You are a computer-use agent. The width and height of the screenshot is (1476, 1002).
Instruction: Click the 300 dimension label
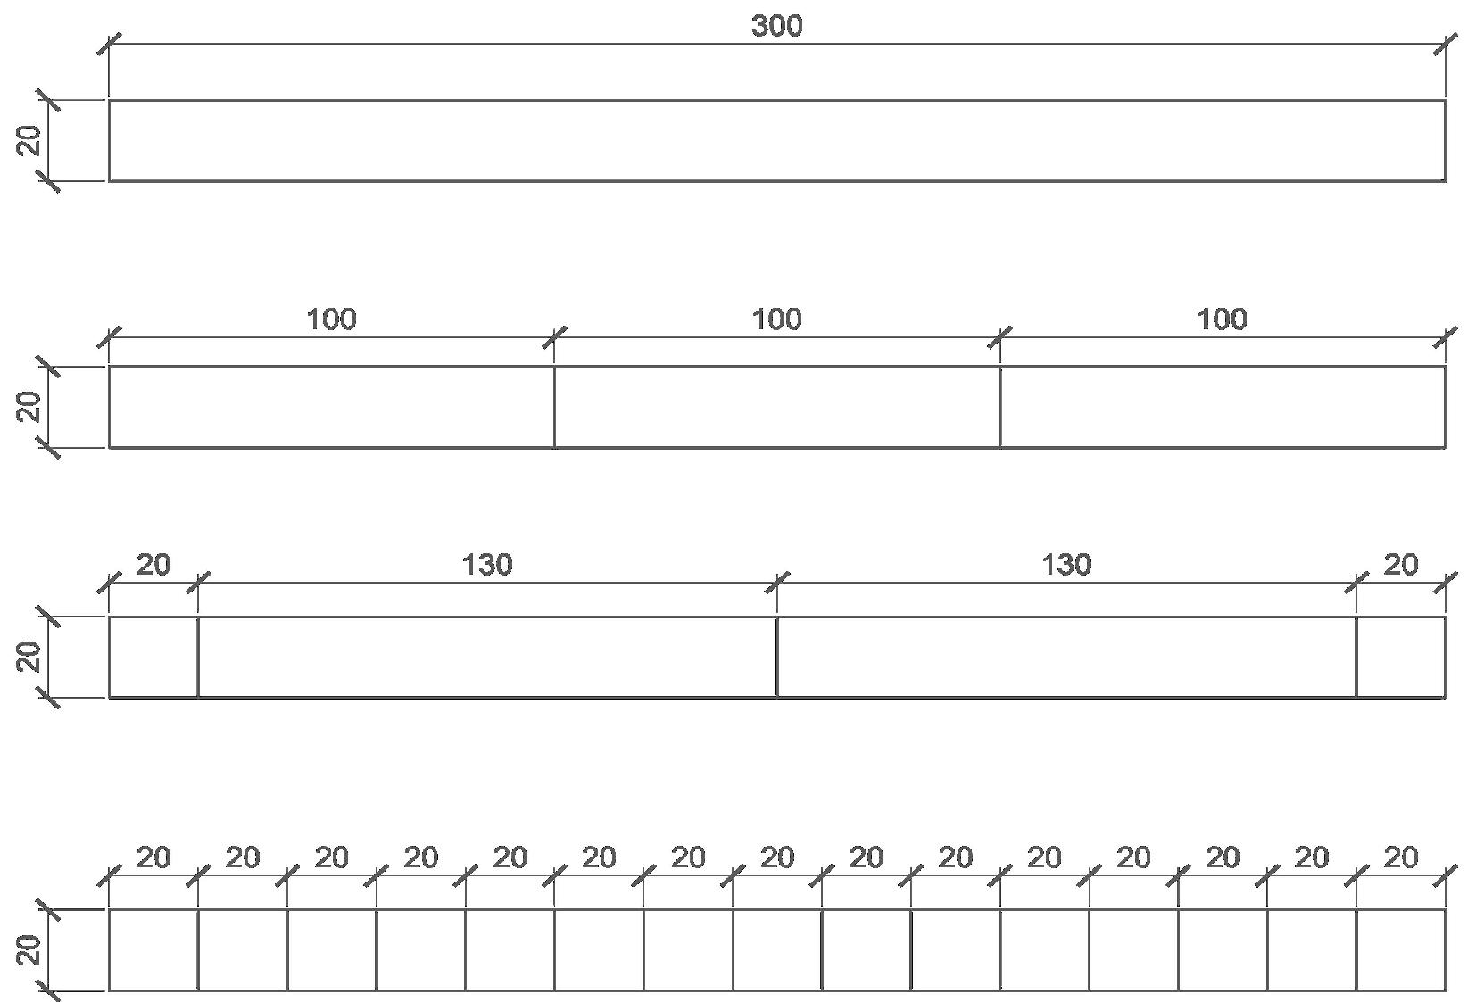tap(776, 27)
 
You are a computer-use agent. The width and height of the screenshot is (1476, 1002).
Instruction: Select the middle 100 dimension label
tap(776, 319)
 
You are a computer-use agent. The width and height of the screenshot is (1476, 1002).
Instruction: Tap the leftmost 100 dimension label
tap(331, 319)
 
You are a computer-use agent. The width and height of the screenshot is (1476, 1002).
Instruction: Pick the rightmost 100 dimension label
tap(1222, 319)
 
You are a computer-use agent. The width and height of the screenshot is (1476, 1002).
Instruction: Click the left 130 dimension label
tap(487, 565)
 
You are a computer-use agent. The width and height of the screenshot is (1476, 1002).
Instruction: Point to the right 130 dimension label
tap(1066, 565)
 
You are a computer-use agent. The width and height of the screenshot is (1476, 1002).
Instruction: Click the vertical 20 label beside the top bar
tap(29, 141)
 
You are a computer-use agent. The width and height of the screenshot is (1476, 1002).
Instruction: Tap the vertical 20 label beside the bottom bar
tap(29, 949)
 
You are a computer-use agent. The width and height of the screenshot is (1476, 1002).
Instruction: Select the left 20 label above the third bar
tap(153, 565)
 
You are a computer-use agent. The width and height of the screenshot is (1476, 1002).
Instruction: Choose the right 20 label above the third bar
tap(1401, 565)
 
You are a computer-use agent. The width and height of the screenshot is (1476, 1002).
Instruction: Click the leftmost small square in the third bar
tap(153, 657)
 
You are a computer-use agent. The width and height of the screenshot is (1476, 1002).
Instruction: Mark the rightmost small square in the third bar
tap(1401, 657)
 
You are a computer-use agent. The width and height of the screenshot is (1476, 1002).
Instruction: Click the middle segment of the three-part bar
tap(776, 407)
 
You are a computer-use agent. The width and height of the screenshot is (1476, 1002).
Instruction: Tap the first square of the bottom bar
tap(153, 949)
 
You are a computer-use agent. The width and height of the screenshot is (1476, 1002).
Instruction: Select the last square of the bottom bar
tap(1401, 949)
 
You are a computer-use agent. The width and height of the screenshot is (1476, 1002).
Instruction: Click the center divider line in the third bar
tap(776, 657)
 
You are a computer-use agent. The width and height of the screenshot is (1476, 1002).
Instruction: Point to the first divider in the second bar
tap(554, 407)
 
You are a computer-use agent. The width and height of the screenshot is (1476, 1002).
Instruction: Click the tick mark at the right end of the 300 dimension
tap(1446, 43)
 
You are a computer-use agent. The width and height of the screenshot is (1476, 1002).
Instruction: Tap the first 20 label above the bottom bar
tap(153, 857)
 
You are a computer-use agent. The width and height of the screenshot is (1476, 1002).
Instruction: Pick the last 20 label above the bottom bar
tap(1401, 857)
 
